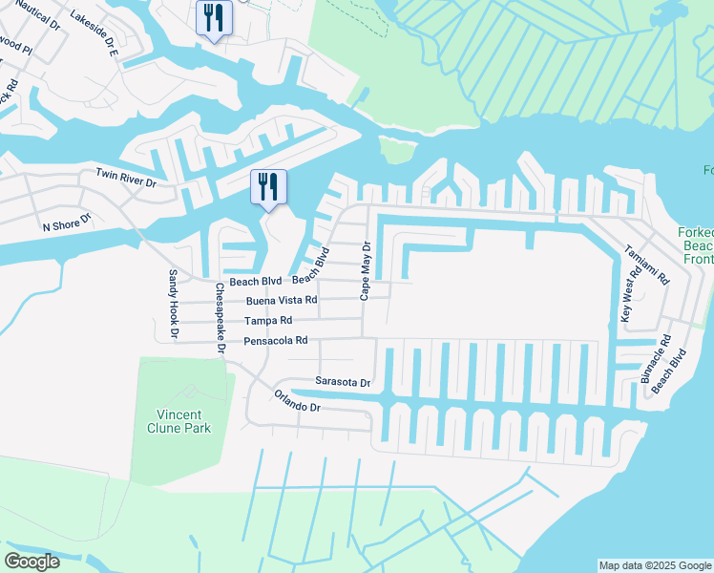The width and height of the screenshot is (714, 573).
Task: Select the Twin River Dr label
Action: coord(125,177)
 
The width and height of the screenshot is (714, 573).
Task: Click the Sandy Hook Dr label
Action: coord(173,305)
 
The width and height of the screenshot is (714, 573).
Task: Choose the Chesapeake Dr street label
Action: coord(220,318)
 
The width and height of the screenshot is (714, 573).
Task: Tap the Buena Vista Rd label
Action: coord(282,300)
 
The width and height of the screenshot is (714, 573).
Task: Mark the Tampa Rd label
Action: coord(267,321)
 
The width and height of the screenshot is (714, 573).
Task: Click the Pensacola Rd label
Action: coord(275,340)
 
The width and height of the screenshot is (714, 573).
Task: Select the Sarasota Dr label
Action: coord(343,382)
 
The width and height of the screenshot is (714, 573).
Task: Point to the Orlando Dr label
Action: coord(297,400)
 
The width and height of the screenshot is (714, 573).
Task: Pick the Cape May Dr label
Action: coord(364,270)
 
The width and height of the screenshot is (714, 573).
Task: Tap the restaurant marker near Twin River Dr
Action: coord(267,185)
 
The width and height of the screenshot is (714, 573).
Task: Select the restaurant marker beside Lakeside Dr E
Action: coord(213,18)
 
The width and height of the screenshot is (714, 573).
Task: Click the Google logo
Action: coord(31,561)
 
